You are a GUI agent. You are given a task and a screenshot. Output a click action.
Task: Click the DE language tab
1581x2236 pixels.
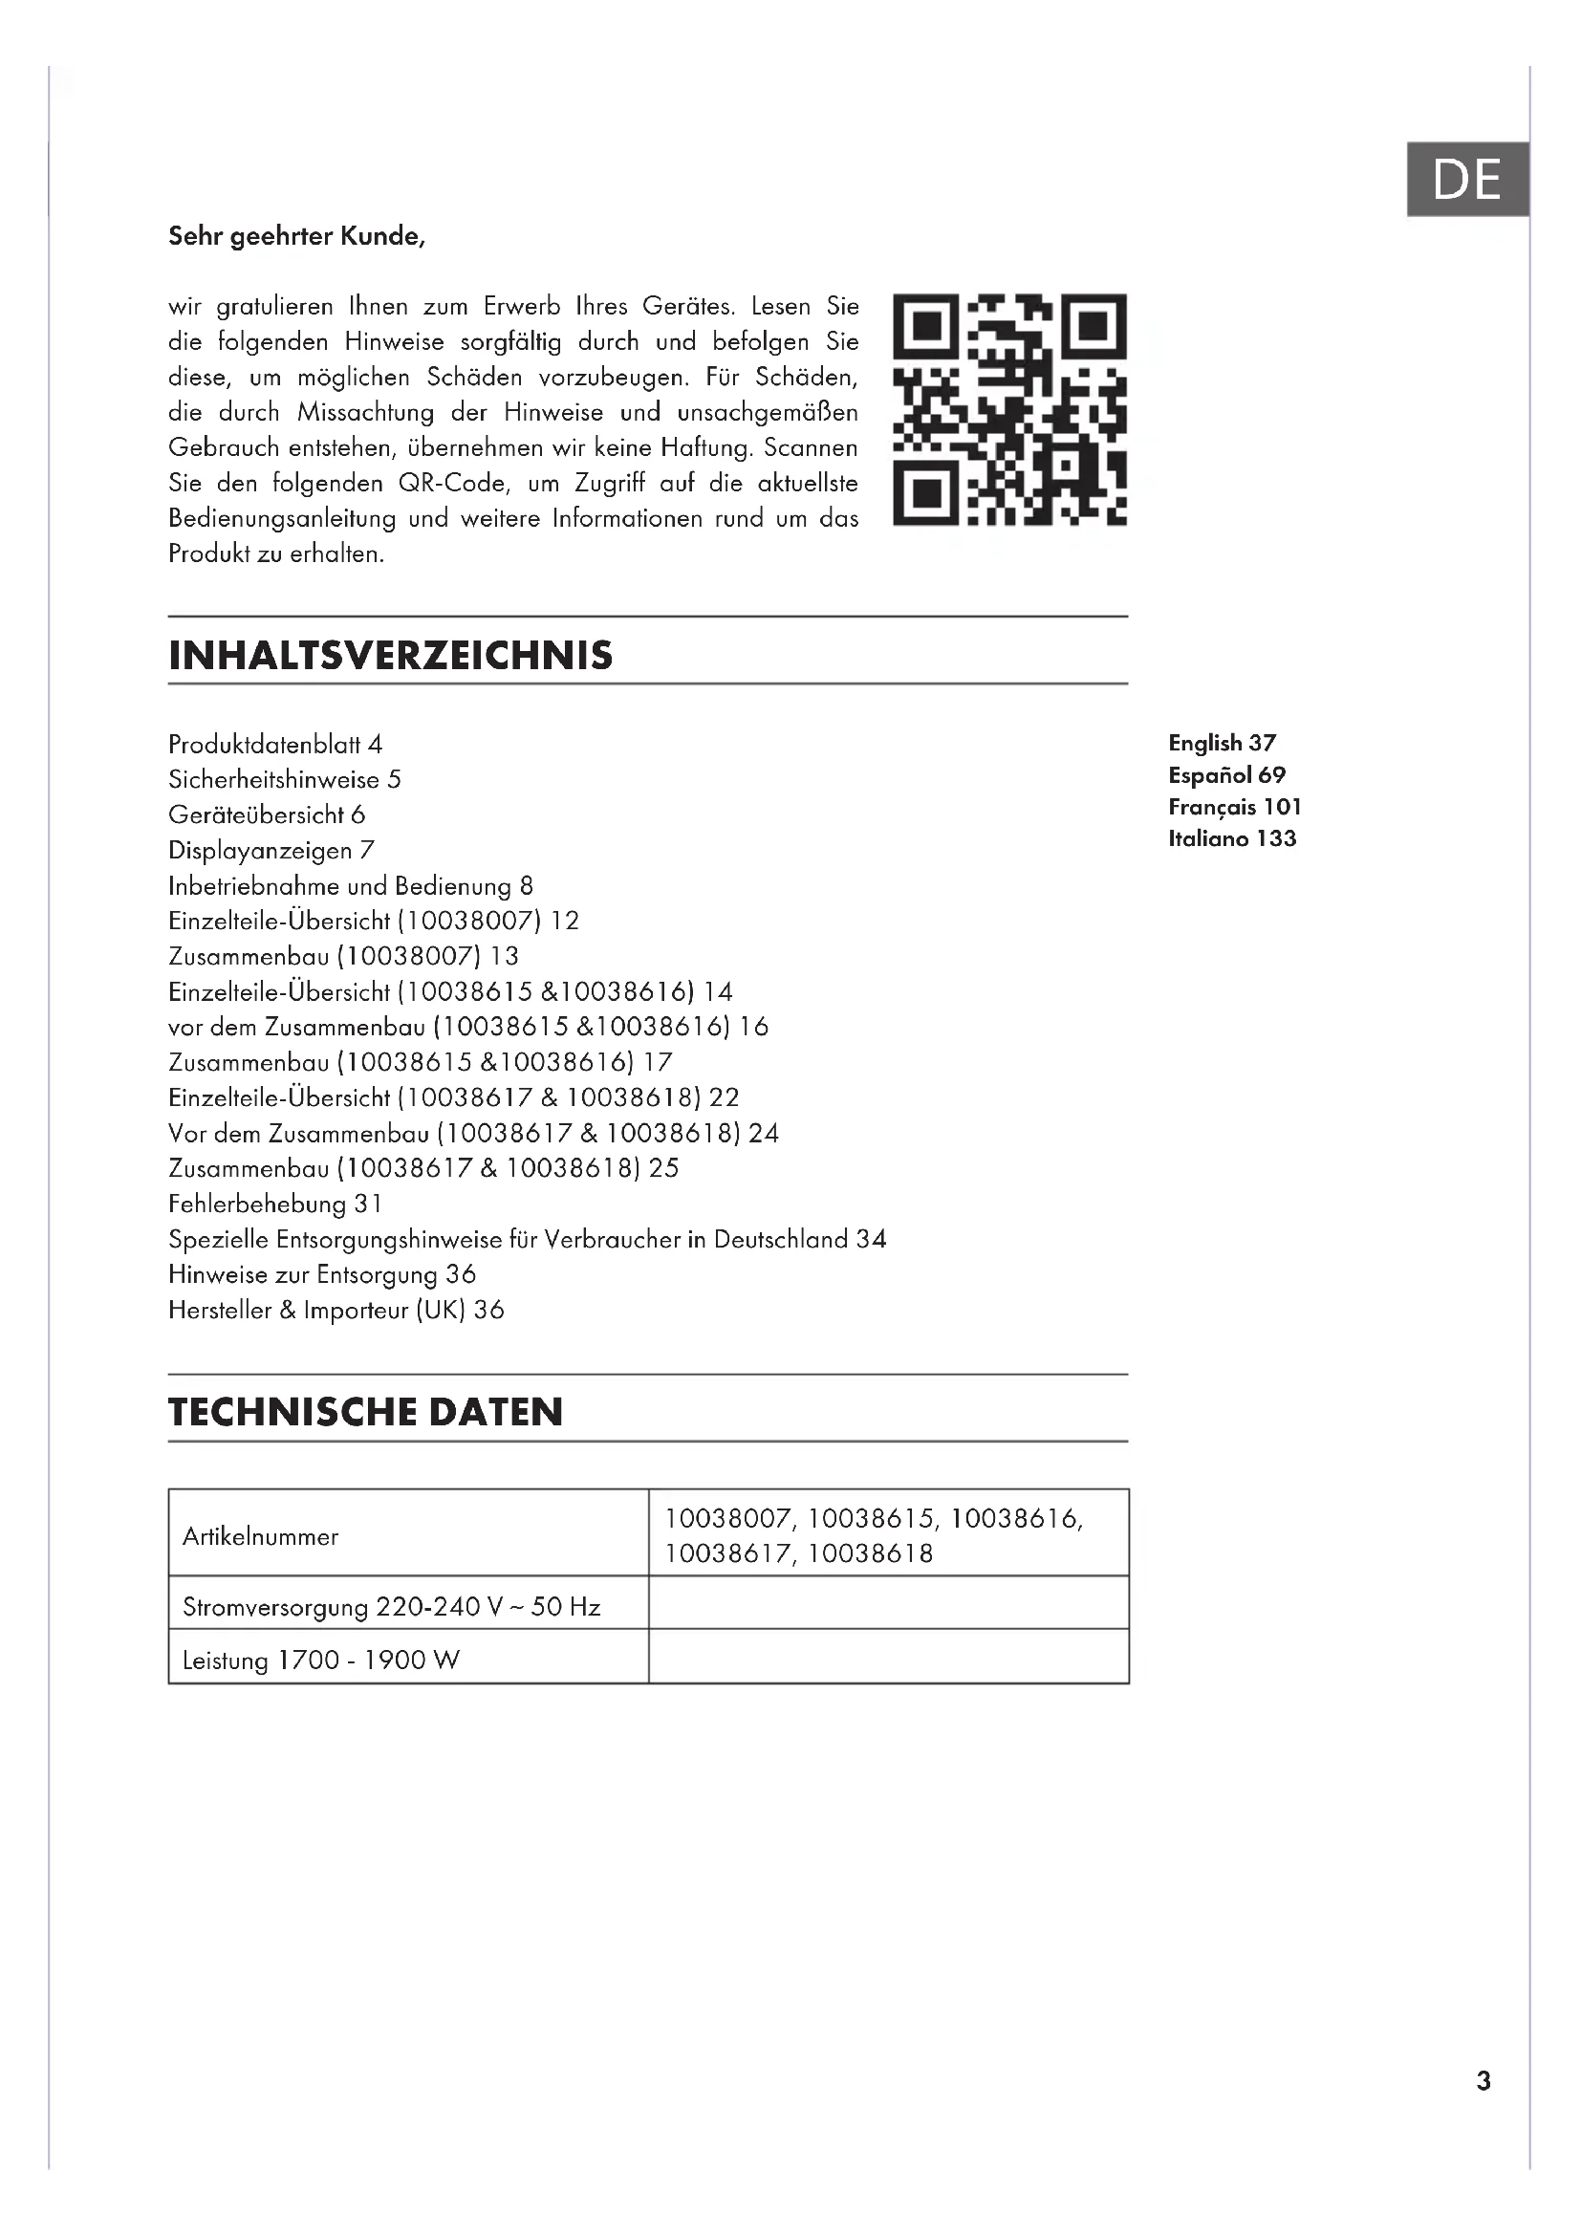coord(1467,179)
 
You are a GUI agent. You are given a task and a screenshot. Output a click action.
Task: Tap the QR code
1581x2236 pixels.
coord(1009,409)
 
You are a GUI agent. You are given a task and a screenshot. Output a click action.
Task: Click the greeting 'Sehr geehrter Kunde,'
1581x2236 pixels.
coord(296,237)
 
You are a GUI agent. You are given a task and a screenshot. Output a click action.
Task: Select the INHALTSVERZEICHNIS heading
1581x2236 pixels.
coord(390,656)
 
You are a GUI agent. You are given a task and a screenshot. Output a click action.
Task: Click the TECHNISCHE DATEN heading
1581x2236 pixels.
coord(365,1412)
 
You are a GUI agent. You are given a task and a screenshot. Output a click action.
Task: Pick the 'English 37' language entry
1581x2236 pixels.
coord(1222,743)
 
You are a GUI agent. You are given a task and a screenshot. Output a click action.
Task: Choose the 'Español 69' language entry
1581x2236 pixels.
coord(1226,775)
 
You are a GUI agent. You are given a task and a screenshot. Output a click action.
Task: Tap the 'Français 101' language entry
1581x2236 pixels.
coord(1234,808)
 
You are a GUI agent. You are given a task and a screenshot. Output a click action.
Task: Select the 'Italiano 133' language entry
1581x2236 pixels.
coord(1232,838)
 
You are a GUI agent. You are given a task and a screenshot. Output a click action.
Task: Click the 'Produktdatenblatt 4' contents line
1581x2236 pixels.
coord(275,745)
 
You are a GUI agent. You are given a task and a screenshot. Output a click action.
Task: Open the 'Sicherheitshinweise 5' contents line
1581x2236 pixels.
coord(284,780)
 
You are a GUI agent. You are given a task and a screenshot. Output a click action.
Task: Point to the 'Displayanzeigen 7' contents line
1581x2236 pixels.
coord(271,851)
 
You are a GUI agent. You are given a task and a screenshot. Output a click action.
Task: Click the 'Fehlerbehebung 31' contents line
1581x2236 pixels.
coord(275,1205)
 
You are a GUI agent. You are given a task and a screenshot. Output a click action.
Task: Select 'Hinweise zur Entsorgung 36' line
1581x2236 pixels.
coord(322,1275)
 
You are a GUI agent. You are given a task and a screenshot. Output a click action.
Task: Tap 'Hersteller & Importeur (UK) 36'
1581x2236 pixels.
coord(336,1311)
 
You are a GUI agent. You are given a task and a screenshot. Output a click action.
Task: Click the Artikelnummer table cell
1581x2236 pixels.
coord(261,1537)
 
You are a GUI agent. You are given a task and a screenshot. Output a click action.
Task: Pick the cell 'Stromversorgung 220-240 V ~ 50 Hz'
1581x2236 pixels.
coord(391,1607)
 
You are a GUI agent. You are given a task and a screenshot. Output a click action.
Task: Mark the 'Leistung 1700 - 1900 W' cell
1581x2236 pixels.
coord(321,1661)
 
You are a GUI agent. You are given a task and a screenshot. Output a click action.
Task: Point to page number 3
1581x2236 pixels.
coord(1483,2081)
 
